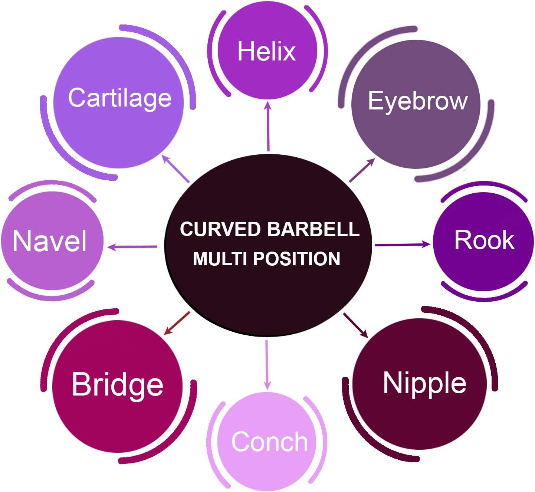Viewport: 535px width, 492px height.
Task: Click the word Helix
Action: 266,51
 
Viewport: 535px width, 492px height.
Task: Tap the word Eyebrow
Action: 417,101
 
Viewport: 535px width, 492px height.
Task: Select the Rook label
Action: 484,240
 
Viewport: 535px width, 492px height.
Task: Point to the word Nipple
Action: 424,383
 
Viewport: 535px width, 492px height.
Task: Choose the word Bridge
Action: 117,385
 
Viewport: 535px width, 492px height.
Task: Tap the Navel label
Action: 50,241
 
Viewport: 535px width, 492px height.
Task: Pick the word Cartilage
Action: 119,98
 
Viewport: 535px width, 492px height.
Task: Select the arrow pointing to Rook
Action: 403,245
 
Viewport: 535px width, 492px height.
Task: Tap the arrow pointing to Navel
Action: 132,246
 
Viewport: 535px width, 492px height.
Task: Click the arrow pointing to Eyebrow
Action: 362,170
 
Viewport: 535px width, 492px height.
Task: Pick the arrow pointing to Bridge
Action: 177,323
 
